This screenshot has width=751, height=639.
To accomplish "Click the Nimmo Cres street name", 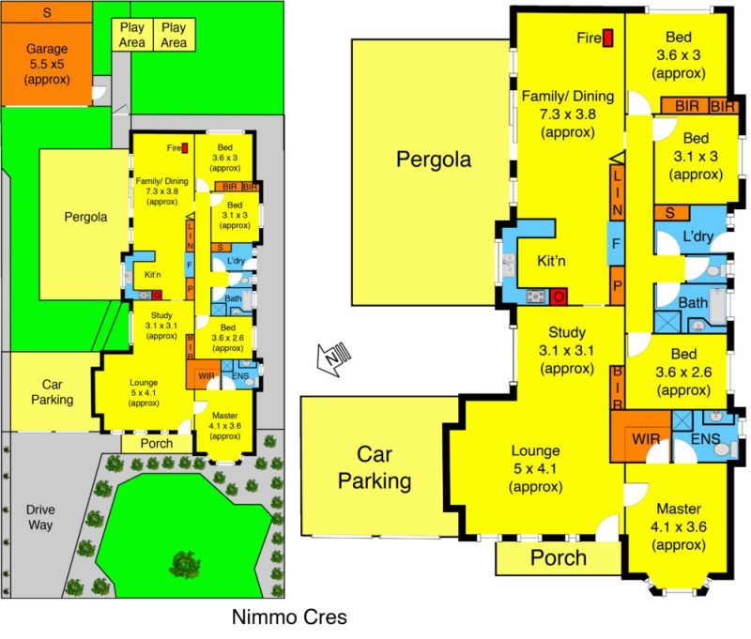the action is click(289, 617).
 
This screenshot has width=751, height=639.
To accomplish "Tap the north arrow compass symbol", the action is click(334, 358).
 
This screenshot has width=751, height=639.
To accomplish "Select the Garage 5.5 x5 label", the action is click(47, 64).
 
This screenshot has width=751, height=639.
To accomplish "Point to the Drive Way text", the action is click(40, 517).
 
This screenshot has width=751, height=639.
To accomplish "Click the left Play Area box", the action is click(132, 35).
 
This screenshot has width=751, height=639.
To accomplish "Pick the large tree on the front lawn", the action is click(185, 565).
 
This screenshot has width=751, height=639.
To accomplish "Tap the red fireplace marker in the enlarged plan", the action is click(607, 38).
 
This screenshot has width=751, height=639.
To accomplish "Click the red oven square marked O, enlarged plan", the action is click(559, 297).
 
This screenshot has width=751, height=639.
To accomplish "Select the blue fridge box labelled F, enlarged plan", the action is click(617, 243).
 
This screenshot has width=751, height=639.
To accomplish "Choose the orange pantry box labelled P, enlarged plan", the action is click(618, 286).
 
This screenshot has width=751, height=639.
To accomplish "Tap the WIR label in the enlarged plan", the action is click(646, 439).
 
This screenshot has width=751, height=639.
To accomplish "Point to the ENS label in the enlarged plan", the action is click(705, 439).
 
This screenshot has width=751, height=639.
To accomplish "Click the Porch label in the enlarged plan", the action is click(559, 558).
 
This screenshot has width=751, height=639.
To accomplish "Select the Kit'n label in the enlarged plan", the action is click(551, 261).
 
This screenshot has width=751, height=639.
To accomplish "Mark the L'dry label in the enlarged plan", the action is click(697, 236).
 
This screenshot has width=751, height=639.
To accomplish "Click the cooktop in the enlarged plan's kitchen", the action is click(535, 297).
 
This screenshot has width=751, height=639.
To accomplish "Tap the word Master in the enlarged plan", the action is click(679, 509).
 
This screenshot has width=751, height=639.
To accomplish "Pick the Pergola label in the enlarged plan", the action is click(434, 160).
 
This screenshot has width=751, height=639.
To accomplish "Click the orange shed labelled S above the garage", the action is click(46, 12).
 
